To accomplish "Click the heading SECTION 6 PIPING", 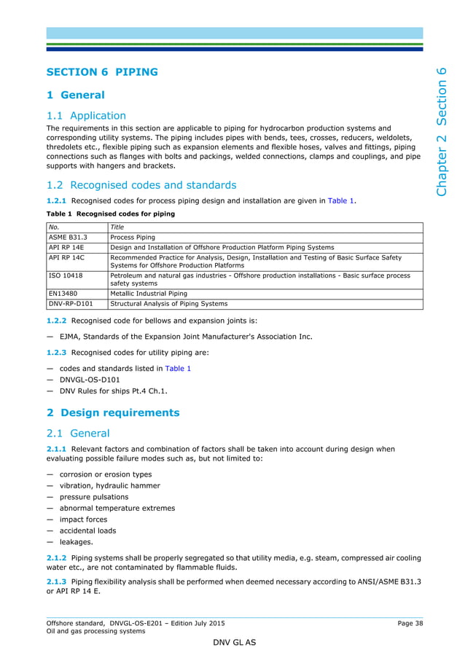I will [x=101, y=72].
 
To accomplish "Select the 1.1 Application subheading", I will [x=86, y=115].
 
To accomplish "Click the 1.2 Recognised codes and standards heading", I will [x=141, y=184].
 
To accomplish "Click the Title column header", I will [x=117, y=227].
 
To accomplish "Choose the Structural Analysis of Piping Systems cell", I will [x=168, y=304].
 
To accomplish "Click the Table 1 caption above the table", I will [x=110, y=214].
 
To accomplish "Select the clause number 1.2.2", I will [x=57, y=321].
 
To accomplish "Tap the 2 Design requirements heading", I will [x=112, y=412].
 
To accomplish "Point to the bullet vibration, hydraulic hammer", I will [x=109, y=485].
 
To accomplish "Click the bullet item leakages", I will [x=76, y=542].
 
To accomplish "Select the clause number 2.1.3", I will [x=57, y=581].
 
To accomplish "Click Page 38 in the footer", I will [x=410, y=623].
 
